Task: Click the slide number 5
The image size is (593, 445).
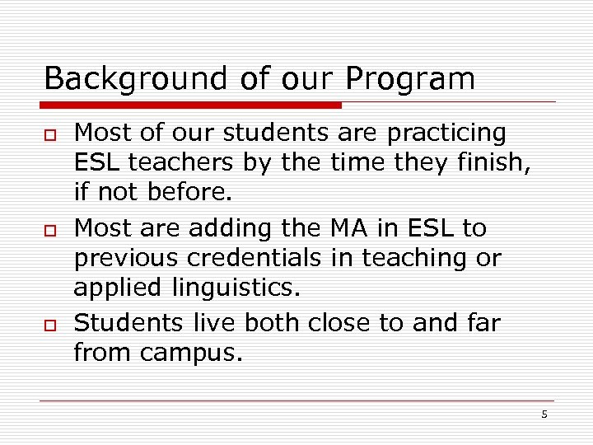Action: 544,415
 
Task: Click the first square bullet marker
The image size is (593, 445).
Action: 49,134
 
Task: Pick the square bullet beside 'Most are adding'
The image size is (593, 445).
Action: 49,228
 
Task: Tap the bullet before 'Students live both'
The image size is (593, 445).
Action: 49,324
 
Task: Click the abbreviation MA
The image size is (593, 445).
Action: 348,227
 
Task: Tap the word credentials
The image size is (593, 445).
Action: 254,259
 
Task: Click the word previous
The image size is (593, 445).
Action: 126,259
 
